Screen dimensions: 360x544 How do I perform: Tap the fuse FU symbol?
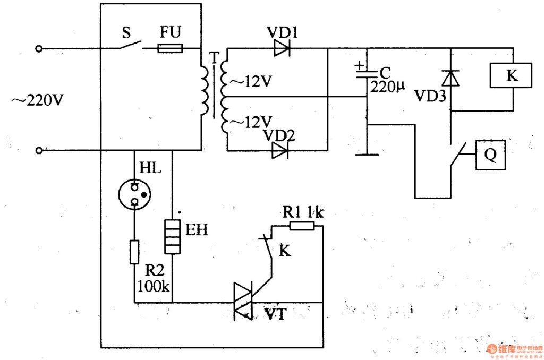point(170,49)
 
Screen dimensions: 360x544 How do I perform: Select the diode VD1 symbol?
point(281,49)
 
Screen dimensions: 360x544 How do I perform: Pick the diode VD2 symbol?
point(279,151)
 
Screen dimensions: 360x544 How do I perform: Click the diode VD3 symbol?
point(451,79)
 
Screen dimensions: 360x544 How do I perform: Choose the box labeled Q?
point(490,156)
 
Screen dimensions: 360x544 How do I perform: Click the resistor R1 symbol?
point(302,226)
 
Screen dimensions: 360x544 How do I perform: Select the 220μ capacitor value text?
point(388,88)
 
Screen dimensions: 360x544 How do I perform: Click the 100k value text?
point(154,287)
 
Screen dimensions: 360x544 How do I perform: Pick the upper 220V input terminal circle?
point(38,49)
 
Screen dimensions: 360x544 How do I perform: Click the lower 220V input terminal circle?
point(38,151)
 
